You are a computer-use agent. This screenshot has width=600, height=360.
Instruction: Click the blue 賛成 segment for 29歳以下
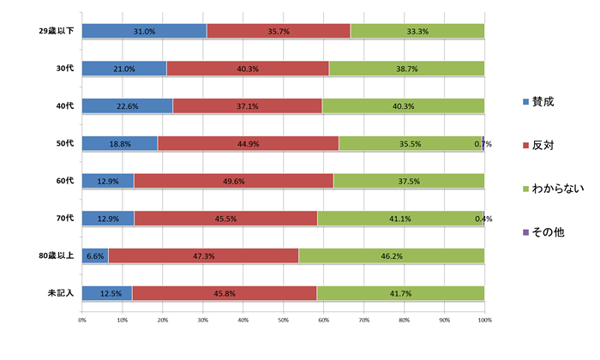pyautogui.click(x=144, y=31)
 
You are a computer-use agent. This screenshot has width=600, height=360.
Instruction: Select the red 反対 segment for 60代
pyautogui.click(x=233, y=181)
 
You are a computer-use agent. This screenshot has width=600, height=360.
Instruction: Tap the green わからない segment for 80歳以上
pyautogui.click(x=392, y=255)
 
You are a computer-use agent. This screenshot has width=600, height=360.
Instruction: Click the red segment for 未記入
pyautogui.click(x=225, y=293)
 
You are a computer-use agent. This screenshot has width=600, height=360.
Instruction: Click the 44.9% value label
pyautogui.click(x=249, y=144)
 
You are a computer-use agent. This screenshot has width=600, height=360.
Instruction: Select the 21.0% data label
pyautogui.click(x=124, y=69)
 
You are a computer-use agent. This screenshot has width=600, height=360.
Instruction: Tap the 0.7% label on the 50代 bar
pyautogui.click(x=483, y=144)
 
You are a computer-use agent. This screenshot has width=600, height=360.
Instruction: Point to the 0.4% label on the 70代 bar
pyautogui.click(x=483, y=219)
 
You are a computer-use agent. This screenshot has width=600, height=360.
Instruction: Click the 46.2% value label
pyautogui.click(x=392, y=255)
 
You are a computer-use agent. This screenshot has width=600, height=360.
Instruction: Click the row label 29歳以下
pyautogui.click(x=57, y=31)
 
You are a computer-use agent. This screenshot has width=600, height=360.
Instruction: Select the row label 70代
pyautogui.click(x=65, y=219)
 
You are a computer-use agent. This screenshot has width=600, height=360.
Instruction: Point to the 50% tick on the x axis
pyautogui.click(x=284, y=320)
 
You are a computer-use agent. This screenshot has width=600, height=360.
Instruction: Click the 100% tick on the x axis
pyautogui.click(x=484, y=320)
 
